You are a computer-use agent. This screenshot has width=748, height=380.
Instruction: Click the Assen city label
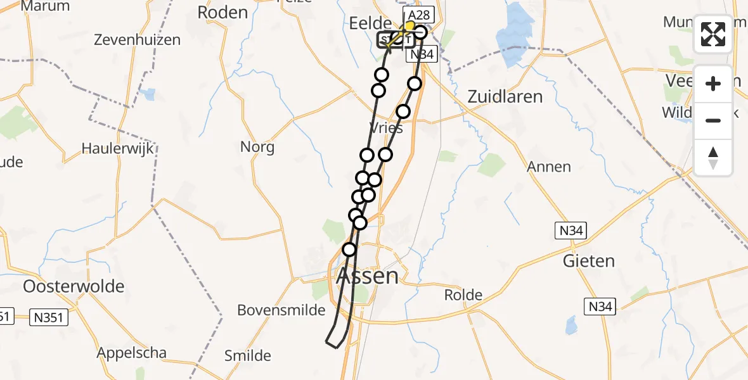click(368, 276)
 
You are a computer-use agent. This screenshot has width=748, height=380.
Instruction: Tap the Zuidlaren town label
click(505, 97)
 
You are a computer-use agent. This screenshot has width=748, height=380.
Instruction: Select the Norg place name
click(257, 148)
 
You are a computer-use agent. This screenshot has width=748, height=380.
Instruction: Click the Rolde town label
click(463, 295)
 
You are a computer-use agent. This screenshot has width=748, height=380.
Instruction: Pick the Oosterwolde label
click(74, 286)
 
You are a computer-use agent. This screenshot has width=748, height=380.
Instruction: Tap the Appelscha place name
click(132, 353)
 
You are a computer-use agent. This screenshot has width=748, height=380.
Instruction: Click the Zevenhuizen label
click(137, 40)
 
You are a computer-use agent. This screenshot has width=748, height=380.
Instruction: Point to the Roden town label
click(222, 12)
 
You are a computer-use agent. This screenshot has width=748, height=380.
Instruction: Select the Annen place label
click(549, 167)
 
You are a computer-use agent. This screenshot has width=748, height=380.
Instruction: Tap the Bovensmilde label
click(281, 310)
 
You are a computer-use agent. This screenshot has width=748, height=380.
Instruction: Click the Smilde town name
click(248, 356)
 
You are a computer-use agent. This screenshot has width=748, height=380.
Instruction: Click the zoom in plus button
click(713, 84)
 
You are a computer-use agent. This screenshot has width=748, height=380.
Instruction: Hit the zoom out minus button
click(713, 120)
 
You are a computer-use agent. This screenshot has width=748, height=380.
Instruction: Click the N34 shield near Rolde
click(600, 307)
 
